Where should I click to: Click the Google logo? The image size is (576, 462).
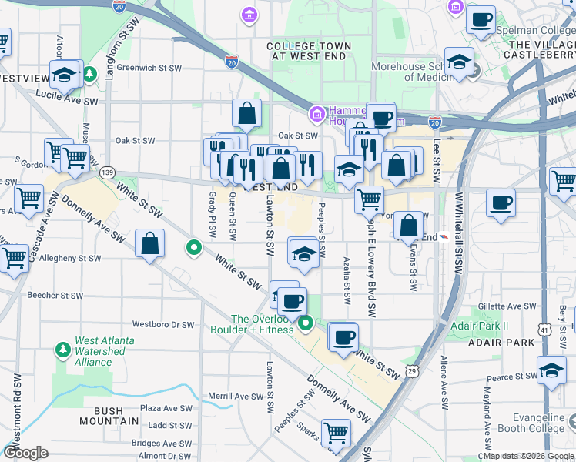click(x=26, y=453)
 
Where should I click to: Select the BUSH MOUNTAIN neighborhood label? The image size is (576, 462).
click(x=109, y=421)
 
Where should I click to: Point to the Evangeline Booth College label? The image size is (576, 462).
click(x=530, y=423)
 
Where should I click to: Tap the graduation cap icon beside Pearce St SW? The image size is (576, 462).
click(x=551, y=370)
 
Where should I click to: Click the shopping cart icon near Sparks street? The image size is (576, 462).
click(x=337, y=433)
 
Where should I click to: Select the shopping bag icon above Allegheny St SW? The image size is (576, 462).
click(x=149, y=244)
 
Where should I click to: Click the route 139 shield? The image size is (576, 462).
click(x=107, y=172)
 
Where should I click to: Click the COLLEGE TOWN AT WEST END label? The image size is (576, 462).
click(x=308, y=52)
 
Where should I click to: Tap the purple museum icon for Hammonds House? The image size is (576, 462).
click(x=315, y=115)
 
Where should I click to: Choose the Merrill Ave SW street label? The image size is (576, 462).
click(x=236, y=396)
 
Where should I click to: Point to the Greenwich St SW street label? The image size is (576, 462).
click(x=149, y=68)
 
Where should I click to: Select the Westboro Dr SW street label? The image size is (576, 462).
click(x=164, y=324)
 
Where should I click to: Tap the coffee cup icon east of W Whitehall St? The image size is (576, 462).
click(x=501, y=204)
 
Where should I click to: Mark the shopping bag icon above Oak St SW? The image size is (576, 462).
click(x=246, y=113)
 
